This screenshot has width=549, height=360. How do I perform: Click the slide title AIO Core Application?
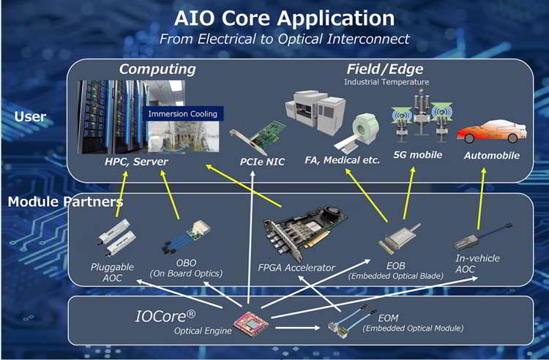point(274,18)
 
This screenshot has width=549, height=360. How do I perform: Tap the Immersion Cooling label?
point(183,114)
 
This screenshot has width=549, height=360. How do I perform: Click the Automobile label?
point(491,156)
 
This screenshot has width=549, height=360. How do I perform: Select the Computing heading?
point(157,70)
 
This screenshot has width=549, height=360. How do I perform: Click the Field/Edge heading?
point(386,70)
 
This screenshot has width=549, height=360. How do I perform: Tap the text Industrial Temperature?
point(386,82)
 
